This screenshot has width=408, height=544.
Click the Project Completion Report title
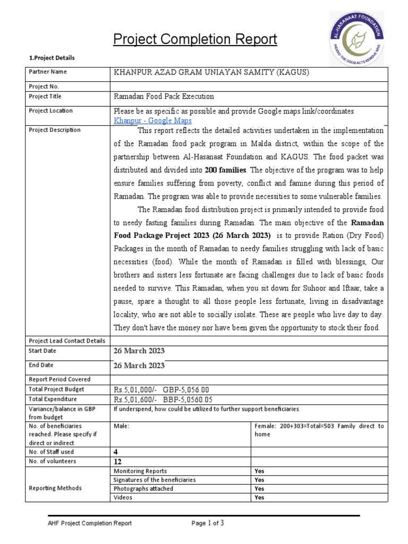coord(195,39)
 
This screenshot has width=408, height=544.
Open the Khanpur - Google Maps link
coord(153,121)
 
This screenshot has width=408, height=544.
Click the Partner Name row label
coord(48,72)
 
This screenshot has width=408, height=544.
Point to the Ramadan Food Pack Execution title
coord(164,97)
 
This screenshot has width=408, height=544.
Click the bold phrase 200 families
coord(225,171)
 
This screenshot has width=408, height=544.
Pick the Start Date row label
coord(42,351)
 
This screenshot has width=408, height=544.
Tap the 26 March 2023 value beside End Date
coord(139,365)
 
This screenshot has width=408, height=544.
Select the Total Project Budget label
coord(53,389)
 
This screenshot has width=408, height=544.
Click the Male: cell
coord(122,426)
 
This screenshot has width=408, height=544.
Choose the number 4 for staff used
coord(116,452)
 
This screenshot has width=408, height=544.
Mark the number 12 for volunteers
coord(118,462)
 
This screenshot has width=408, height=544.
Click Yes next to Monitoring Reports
coord(259,471)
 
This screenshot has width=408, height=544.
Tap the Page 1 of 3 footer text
coord(208,523)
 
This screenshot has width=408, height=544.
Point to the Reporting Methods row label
coord(55,488)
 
